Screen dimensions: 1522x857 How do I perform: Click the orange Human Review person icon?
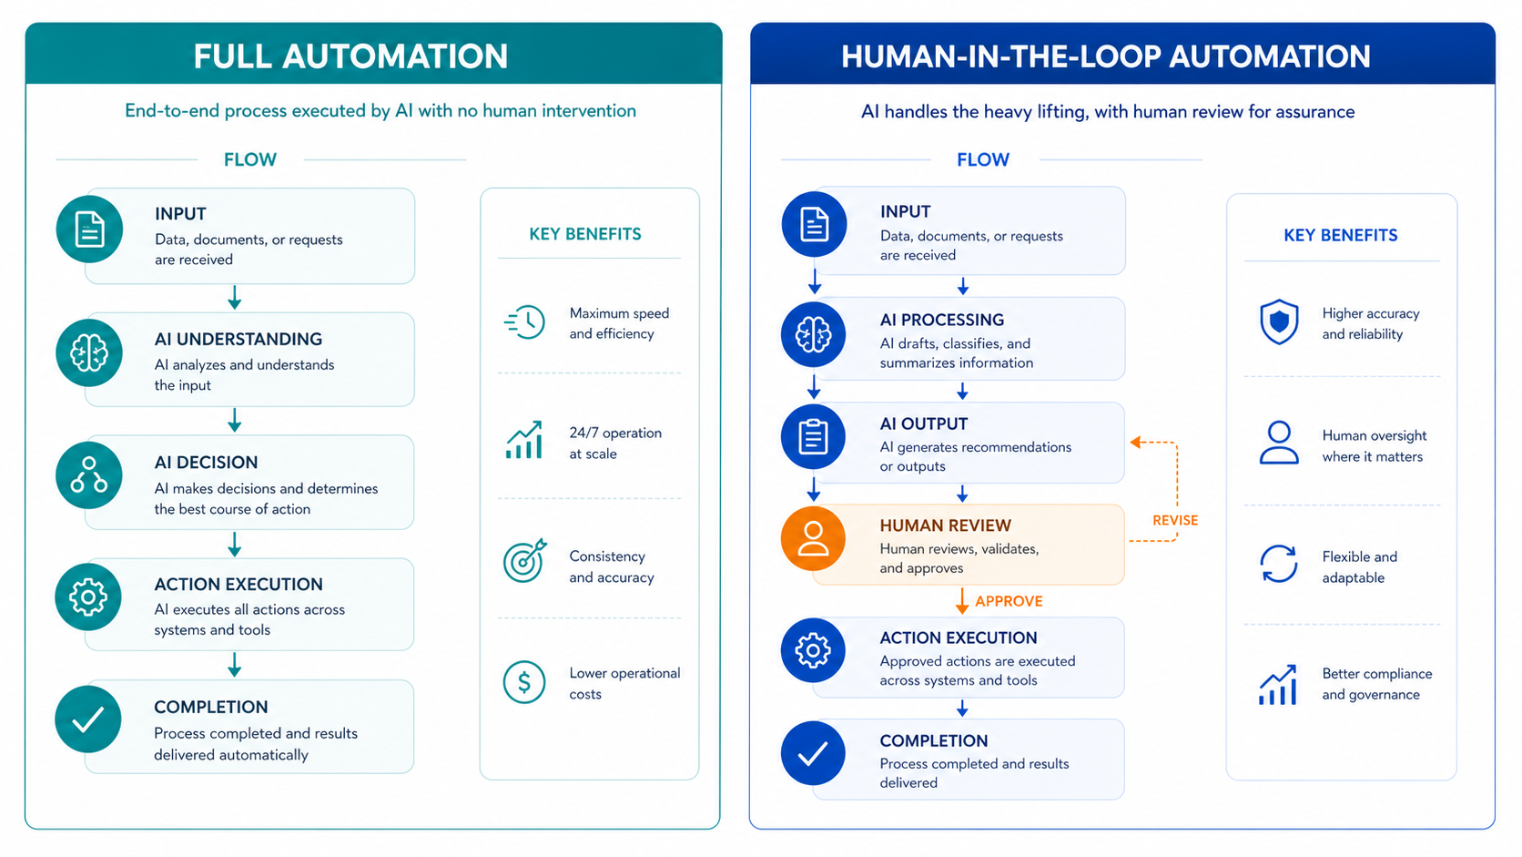(813, 538)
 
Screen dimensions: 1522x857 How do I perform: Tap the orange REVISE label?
(1175, 521)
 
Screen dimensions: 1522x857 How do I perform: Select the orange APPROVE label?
(1009, 601)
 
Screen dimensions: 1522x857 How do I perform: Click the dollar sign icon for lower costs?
(523, 681)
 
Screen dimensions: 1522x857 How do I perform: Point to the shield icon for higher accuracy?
(1279, 321)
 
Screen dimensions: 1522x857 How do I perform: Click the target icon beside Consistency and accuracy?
(524, 561)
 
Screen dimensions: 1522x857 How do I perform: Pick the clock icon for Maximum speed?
(524, 321)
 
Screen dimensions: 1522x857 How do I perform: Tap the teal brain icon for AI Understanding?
(89, 352)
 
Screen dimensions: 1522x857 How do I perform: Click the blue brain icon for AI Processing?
(813, 334)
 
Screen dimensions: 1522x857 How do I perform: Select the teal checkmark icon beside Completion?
(88, 719)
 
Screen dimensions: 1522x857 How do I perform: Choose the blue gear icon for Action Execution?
(813, 650)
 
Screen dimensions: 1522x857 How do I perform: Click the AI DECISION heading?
(206, 462)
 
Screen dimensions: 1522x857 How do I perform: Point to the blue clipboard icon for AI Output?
(813, 436)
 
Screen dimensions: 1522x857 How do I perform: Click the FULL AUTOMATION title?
(350, 56)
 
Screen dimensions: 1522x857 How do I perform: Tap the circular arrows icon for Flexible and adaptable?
(1279, 564)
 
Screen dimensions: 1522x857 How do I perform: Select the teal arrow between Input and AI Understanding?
(235, 298)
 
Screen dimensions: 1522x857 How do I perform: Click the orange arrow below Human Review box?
(961, 601)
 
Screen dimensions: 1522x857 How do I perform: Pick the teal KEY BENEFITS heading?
(585, 234)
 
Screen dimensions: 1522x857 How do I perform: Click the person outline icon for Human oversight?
(1279, 443)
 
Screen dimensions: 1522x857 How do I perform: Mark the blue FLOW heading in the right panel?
(983, 159)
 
